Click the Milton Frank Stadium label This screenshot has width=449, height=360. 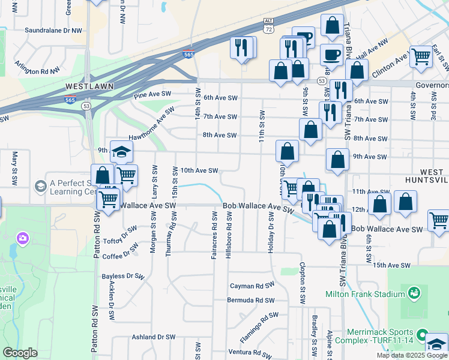365,294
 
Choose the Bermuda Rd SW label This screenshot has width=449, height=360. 250,300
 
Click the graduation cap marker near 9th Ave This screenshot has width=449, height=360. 121,152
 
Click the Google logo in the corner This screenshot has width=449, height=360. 20,353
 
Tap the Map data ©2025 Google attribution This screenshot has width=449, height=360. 412,355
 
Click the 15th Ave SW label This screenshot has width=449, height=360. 391,265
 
